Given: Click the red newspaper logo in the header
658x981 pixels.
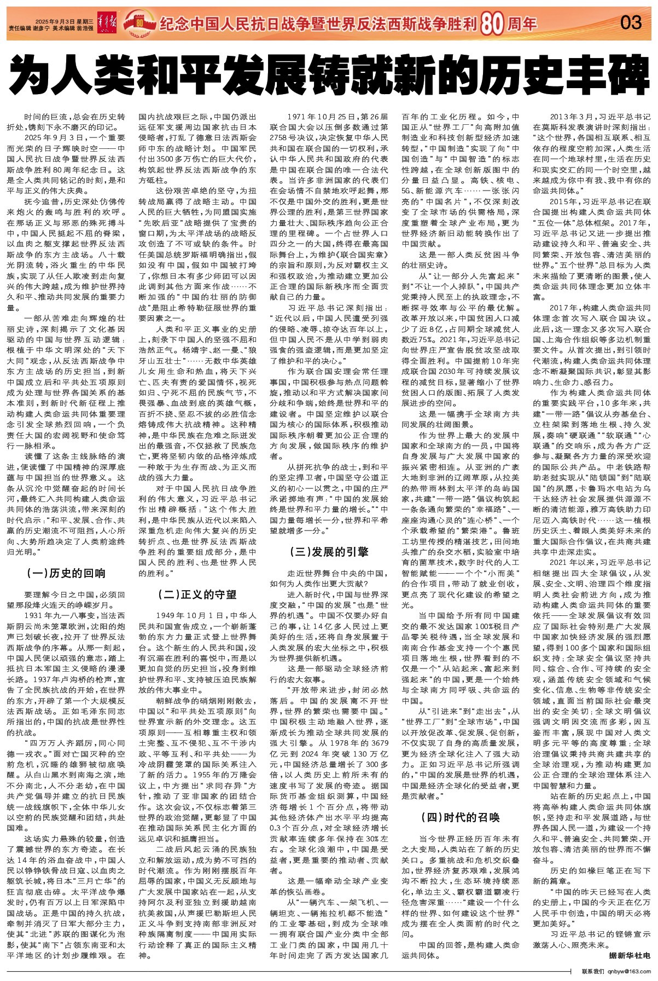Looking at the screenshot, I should tap(107, 22).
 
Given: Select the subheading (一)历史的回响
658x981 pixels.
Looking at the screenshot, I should tap(66, 573).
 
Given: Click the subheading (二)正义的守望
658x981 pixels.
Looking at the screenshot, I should tap(197, 594).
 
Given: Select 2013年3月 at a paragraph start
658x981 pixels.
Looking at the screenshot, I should tap(572, 117).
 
